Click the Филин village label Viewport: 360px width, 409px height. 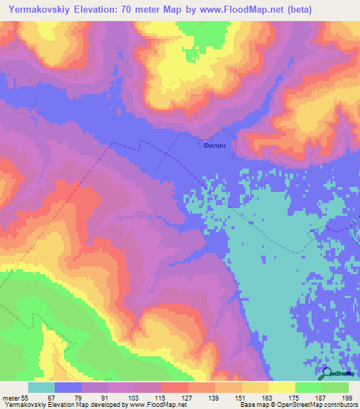214,147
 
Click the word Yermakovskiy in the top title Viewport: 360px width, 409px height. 39,10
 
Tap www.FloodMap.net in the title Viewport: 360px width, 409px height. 236,10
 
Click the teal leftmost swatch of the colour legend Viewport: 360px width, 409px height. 41,387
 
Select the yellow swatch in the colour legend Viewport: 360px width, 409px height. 282,387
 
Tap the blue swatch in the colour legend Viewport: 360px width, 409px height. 68,387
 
